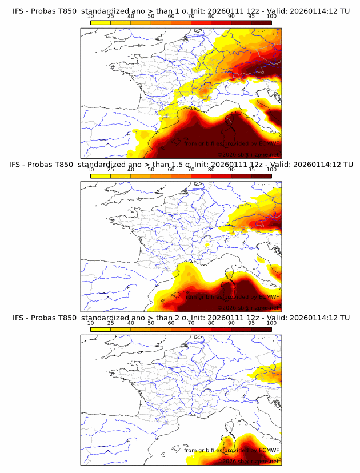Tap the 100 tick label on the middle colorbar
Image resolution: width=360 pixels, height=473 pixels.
271,169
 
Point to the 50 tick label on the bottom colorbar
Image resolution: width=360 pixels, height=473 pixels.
151,323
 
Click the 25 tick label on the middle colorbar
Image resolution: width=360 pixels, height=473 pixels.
110,169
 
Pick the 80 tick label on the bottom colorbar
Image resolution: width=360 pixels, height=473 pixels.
211,323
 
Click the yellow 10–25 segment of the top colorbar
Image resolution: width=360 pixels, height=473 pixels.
101,22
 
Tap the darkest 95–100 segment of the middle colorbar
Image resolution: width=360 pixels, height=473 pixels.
262,176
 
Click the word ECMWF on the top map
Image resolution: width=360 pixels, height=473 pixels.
269,143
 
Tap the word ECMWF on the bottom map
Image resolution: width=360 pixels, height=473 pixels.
269,450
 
